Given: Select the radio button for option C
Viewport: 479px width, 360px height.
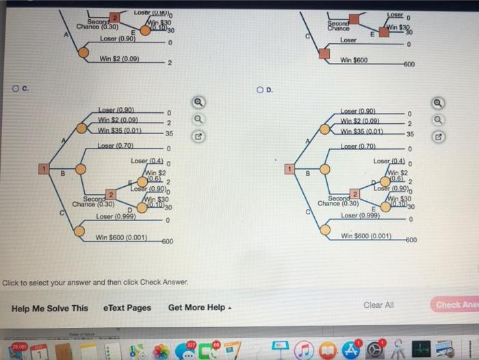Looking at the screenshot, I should coord(15,89).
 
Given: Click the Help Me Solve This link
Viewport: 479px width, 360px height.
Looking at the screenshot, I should coord(50,308).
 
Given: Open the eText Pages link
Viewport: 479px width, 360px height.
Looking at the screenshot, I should coord(127,308).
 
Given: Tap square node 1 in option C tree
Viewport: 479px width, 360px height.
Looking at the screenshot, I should coord(42,168).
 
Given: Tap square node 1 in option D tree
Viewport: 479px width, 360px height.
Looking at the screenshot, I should coord(289,168).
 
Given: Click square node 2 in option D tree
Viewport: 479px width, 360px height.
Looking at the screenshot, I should coord(355,195).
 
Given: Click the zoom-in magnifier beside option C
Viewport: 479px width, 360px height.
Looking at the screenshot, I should coord(198,103).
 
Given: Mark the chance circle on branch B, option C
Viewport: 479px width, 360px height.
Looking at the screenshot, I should coord(80,168).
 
